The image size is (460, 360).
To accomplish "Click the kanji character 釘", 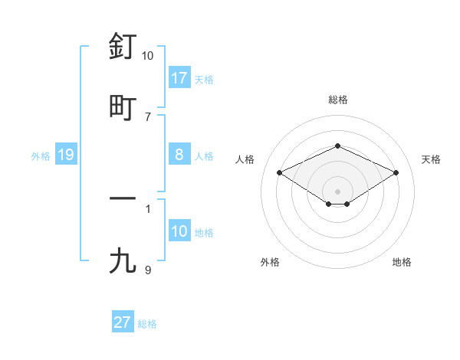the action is tap(123, 47).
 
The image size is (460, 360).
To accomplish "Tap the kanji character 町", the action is tap(123, 107).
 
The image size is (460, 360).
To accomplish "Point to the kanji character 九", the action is tap(123, 260).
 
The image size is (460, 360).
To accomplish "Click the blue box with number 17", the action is tap(179, 78).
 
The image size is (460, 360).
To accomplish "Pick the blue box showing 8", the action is tap(179, 155).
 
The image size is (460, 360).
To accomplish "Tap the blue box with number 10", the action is tap(179, 232).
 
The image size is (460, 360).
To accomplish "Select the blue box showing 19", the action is tap(66, 155).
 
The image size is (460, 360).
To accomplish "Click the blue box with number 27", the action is tap(123, 322).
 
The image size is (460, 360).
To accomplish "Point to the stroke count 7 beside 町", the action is tap(148, 116).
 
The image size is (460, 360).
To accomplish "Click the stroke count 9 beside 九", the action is tap(148, 270).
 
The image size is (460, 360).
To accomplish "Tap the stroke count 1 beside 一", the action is tap(148, 208).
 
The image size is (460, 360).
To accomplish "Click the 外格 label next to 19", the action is tap(41, 155).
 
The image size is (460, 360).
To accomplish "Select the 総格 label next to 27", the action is tap(148, 323).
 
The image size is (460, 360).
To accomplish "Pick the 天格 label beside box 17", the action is tap(204, 79).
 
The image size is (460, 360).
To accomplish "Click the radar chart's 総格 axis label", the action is tap(337, 100).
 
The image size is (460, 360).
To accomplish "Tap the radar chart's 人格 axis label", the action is tap(245, 159).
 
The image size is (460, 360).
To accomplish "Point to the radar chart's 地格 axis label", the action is tap(402, 262).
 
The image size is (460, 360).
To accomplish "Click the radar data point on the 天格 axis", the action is tap(396, 172).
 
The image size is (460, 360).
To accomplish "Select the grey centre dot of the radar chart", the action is tap(337, 191).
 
